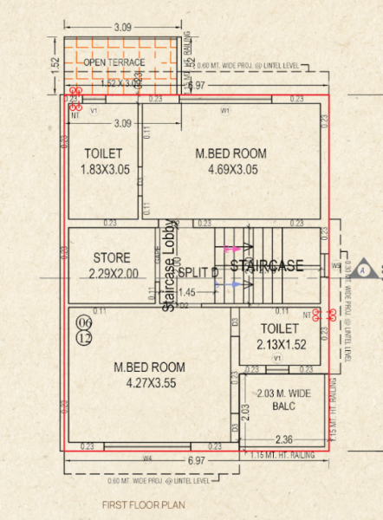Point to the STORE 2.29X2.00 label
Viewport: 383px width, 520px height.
click(111, 265)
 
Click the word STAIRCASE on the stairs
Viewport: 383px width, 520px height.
click(267, 265)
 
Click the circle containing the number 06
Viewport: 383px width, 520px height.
click(84, 323)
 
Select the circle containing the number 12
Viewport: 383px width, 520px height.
click(84, 337)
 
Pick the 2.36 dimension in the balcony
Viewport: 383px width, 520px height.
click(283, 438)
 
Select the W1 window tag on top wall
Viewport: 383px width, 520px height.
click(225, 110)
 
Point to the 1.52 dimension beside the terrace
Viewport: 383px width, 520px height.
click(55, 64)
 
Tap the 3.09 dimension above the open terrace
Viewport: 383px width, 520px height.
click(124, 29)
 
